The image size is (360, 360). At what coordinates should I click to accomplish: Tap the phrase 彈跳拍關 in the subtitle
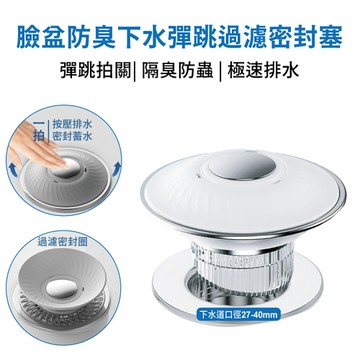[95, 71]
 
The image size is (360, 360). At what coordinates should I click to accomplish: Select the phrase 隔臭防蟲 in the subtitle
[177, 71]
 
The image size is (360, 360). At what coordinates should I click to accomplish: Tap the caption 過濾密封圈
[62, 242]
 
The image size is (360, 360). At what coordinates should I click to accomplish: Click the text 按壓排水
[72, 125]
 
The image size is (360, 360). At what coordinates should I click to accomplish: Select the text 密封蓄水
[72, 136]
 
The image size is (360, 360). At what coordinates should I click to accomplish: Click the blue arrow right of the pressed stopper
[116, 169]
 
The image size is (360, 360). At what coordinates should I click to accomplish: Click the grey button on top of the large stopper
[242, 165]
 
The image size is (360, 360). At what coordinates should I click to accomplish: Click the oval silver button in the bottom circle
[62, 288]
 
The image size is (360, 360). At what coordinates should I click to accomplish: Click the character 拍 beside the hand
[39, 136]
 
